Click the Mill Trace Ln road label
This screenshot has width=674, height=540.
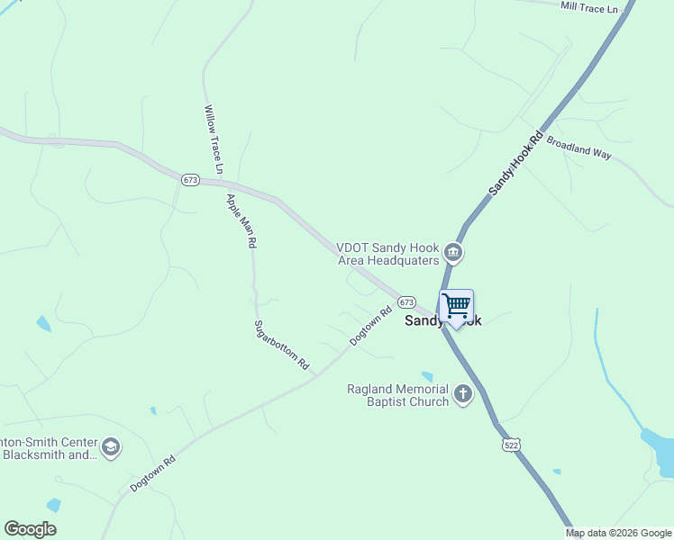589,7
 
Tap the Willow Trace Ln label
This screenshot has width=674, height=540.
214,139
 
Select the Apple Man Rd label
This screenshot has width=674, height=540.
241,220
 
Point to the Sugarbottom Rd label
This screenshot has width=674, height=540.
281,346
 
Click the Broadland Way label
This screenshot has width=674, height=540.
578,148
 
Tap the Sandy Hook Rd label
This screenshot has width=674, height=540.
517,163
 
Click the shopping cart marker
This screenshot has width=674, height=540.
457,307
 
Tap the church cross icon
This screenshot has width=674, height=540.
463,394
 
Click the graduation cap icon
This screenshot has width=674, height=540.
111,448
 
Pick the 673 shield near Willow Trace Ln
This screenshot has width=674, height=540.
189,180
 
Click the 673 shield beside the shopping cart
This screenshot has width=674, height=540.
406,302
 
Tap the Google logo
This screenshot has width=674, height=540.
30,529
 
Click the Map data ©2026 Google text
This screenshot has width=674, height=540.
617,533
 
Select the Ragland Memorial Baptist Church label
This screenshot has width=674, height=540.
398,395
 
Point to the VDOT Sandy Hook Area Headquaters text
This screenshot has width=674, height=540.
388,254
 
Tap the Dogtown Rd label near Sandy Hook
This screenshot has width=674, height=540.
370,326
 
